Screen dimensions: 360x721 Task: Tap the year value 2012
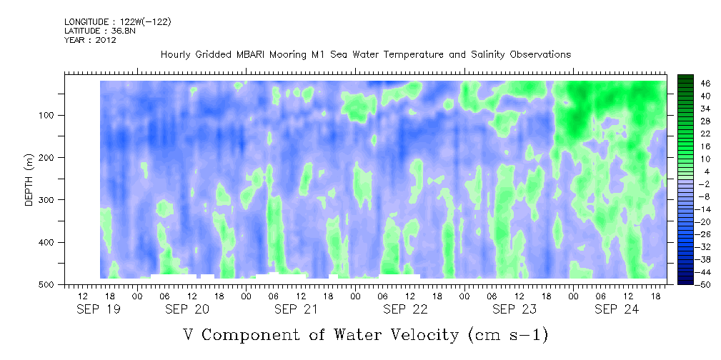[105, 40]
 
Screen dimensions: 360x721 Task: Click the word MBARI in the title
[252, 55]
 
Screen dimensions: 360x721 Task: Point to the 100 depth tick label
[50, 115]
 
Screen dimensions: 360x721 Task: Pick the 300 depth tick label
[50, 200]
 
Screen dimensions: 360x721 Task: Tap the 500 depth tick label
[50, 285]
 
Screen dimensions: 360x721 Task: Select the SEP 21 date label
[296, 309]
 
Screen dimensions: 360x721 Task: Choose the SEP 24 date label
[616, 309]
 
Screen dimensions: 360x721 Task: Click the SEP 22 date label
[405, 309]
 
